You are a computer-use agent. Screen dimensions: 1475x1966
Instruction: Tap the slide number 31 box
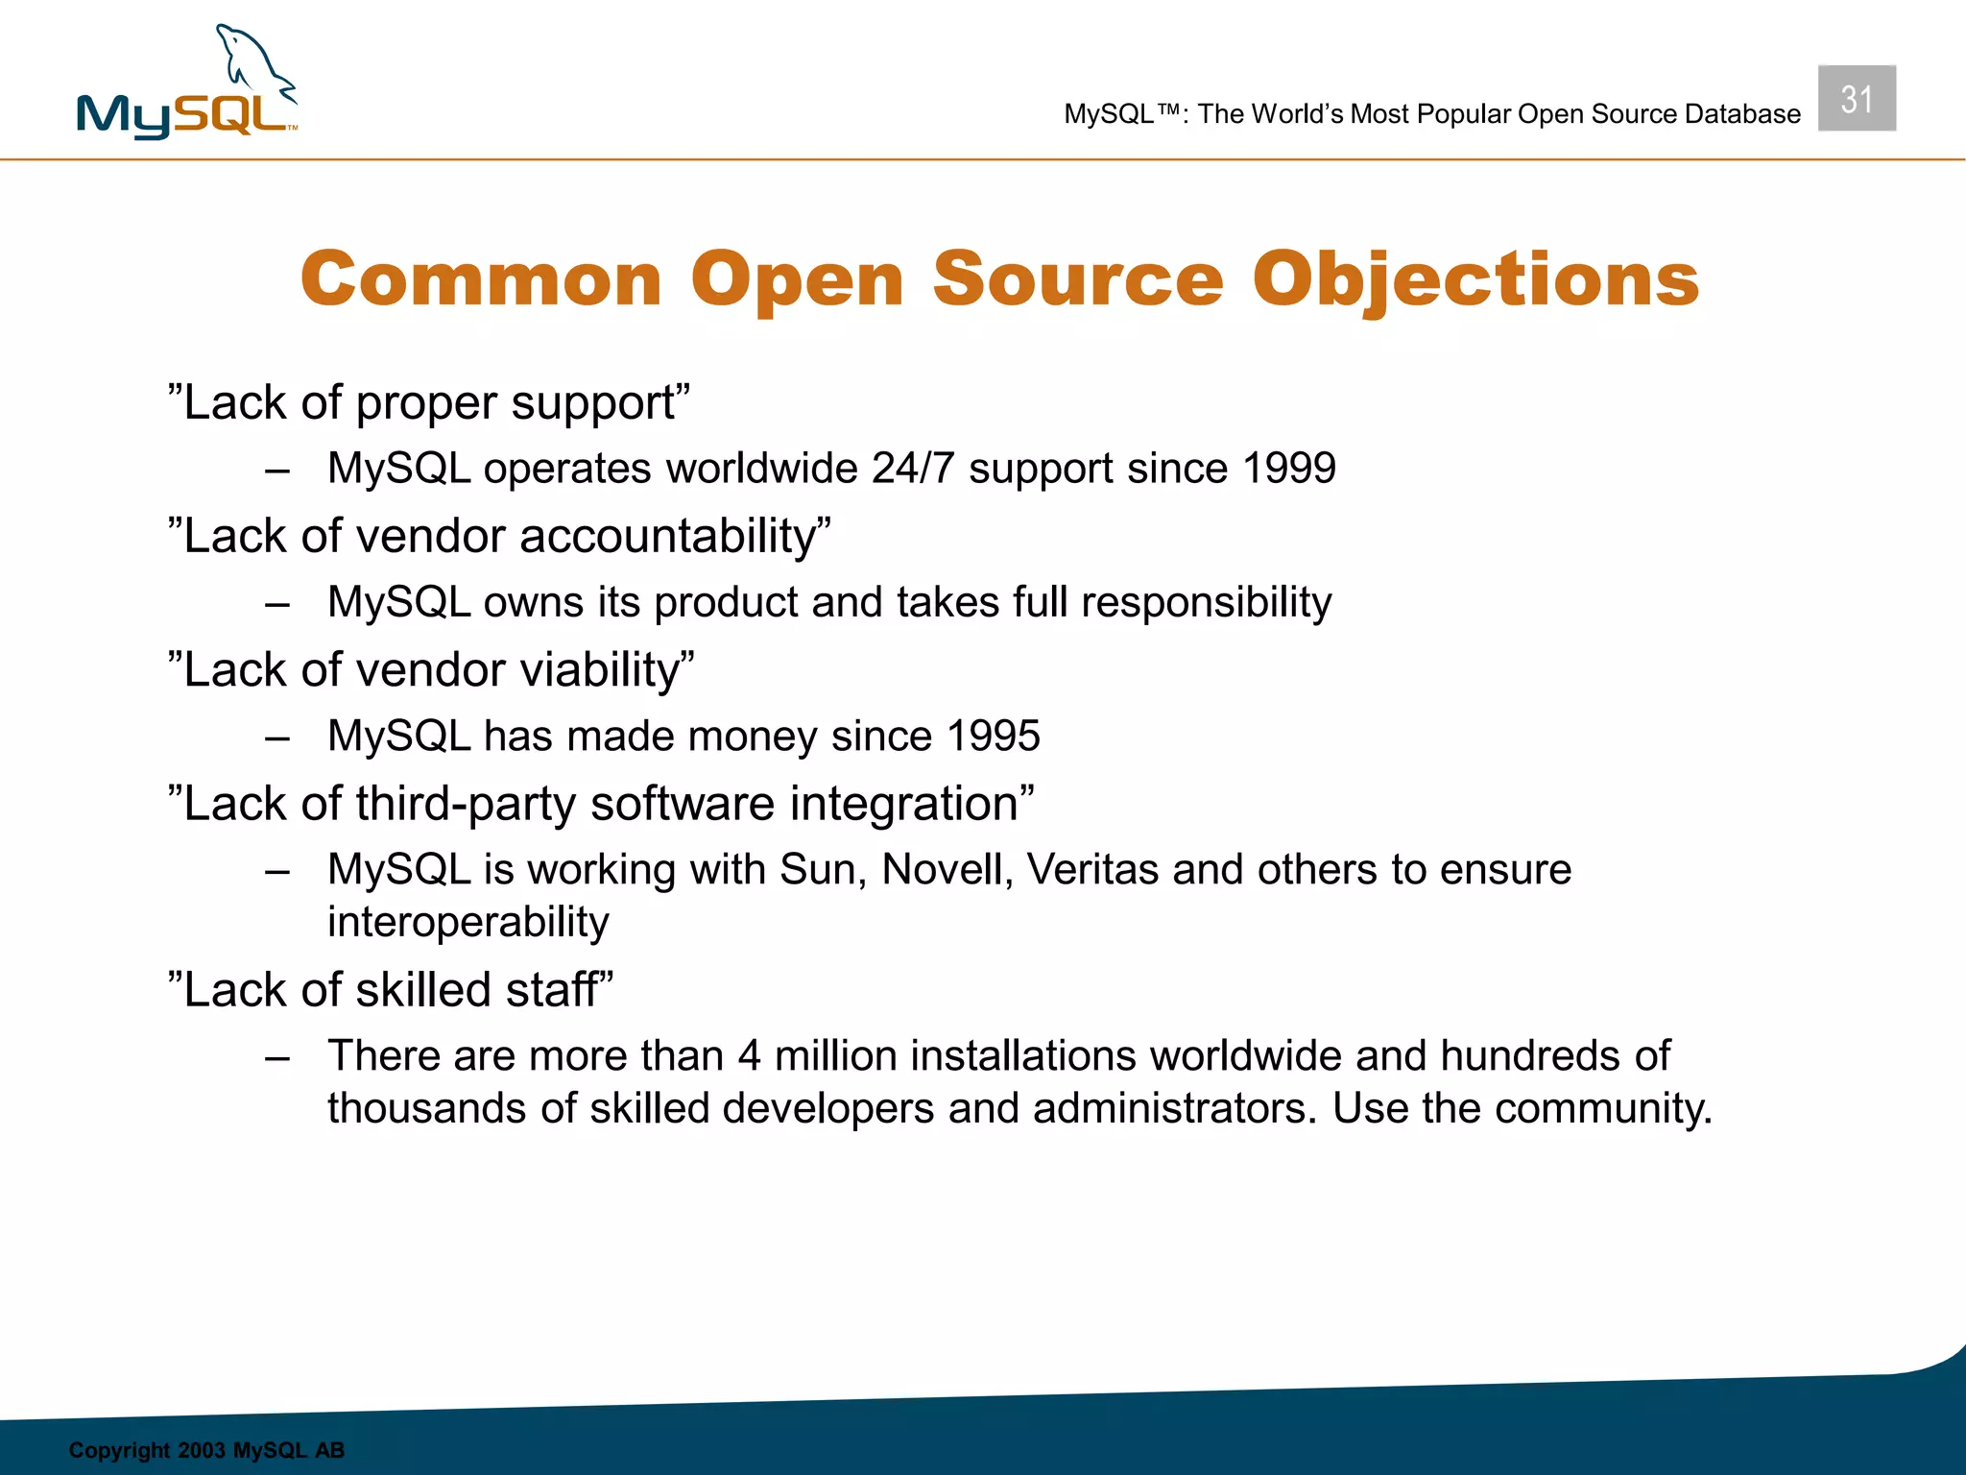pyautogui.click(x=1856, y=99)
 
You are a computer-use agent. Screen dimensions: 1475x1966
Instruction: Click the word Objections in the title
pyautogui.click(x=1475, y=279)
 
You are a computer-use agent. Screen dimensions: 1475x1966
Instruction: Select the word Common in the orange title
pyautogui.click(x=481, y=279)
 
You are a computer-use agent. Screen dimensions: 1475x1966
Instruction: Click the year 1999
pyautogui.click(x=1288, y=469)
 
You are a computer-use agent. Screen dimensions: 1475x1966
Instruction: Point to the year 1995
pyautogui.click(x=993, y=737)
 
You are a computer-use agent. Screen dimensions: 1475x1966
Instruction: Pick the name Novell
pyautogui.click(x=947, y=870)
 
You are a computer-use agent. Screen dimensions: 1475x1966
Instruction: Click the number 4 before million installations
pyautogui.click(x=749, y=1056)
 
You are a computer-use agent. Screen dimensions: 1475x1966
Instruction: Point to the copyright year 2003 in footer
pyautogui.click(x=201, y=1450)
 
